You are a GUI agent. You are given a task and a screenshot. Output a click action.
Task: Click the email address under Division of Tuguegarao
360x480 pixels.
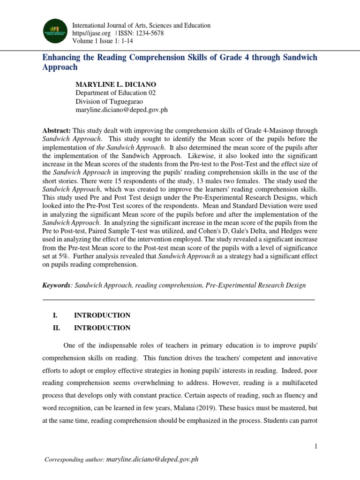[x=121, y=110]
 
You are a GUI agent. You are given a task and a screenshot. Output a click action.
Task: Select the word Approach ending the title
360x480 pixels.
[x=60, y=67]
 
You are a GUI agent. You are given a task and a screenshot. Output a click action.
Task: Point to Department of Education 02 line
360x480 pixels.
[x=115, y=93]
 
